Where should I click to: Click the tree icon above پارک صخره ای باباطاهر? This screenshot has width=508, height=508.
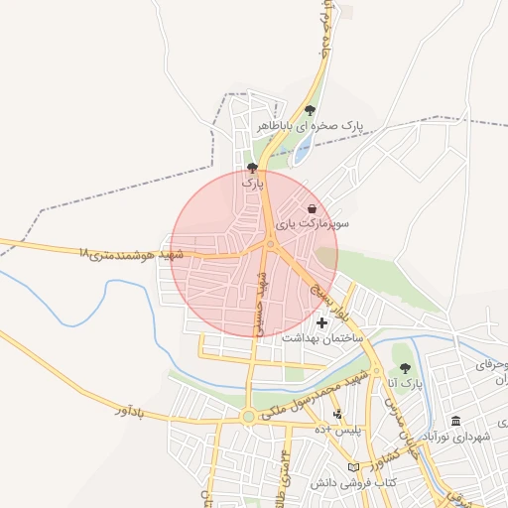(x=311, y=111)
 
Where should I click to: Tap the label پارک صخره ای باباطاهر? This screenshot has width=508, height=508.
(x=311, y=126)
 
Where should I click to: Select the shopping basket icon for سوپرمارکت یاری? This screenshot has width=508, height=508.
(x=314, y=209)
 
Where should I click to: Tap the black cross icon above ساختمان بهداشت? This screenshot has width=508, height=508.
(x=321, y=322)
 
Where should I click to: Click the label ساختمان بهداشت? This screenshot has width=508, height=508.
(x=322, y=337)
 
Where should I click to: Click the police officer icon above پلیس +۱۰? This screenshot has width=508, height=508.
(x=337, y=414)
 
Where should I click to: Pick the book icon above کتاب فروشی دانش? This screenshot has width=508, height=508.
(x=353, y=467)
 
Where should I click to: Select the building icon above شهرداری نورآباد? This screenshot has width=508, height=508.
(x=455, y=421)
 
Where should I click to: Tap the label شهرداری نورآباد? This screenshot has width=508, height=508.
(x=455, y=437)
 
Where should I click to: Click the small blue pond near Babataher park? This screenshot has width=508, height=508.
(x=304, y=150)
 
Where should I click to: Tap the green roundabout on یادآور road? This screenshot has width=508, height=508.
(x=248, y=418)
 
